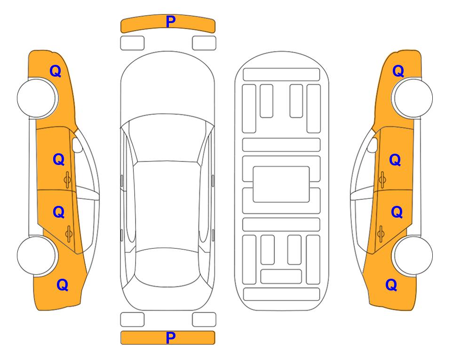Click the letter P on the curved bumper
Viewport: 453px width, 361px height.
click(x=170, y=22)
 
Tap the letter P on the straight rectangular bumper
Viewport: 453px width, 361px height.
click(x=170, y=337)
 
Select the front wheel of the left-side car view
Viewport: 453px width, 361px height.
click(x=36, y=98)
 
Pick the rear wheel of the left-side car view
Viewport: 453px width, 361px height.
click(x=36, y=256)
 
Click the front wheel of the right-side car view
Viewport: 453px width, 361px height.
click(x=413, y=98)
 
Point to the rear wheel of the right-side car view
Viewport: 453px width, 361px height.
click(x=413, y=256)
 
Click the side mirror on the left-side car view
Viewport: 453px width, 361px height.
click(x=77, y=145)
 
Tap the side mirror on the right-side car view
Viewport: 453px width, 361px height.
click(x=373, y=145)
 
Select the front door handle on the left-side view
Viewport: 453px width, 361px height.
click(x=67, y=180)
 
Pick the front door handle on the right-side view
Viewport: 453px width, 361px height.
click(x=382, y=180)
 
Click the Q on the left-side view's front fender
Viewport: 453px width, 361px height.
click(x=56, y=71)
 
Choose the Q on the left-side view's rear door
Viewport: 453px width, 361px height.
click(x=59, y=212)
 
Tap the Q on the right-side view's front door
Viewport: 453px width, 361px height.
click(x=395, y=160)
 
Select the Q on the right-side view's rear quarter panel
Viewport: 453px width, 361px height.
click(x=391, y=285)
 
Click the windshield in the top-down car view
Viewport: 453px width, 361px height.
click(x=167, y=138)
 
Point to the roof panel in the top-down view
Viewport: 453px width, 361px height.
click(x=167, y=205)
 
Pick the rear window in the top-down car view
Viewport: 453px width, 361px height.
click(x=167, y=267)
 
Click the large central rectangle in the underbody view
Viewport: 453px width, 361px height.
click(x=281, y=184)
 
